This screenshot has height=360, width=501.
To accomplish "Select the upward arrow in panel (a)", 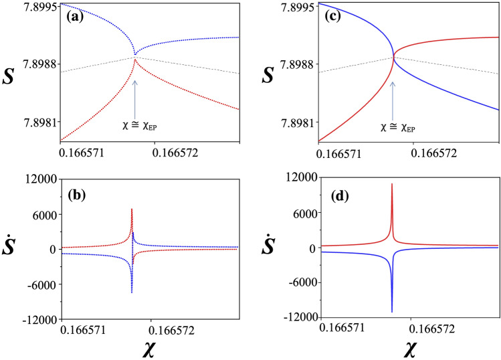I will (135, 97).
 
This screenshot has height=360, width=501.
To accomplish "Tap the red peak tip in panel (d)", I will (392, 183).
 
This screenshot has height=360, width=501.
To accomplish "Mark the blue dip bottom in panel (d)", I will (392, 312).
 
